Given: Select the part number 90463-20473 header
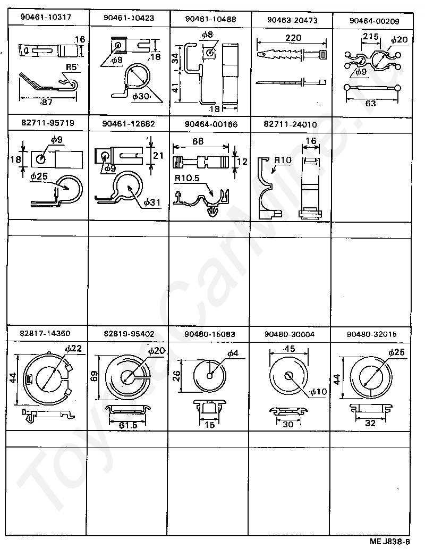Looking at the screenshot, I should tap(290, 20).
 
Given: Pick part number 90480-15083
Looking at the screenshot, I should tap(210, 334).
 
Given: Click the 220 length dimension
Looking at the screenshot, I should tap(293, 38).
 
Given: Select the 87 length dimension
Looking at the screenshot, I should tap(48, 102).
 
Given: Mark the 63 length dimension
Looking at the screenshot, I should tap(371, 103).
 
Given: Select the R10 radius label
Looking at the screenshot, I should tap(283, 160).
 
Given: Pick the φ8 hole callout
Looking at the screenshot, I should tap(208, 35).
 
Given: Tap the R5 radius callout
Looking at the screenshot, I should tap(73, 67).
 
